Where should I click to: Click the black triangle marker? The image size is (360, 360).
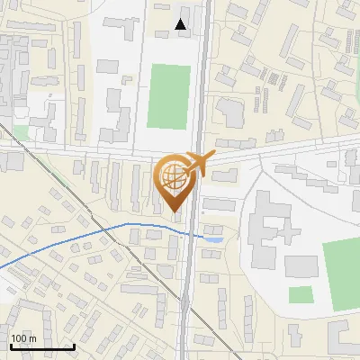click(181, 25)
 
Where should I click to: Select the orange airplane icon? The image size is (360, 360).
click(200, 163)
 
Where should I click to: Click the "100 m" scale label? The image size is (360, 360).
click(23, 338)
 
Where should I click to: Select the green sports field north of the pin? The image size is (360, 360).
click(168, 95)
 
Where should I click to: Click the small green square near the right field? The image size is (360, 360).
click(301, 294)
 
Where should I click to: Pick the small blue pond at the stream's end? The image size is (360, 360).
click(214, 238)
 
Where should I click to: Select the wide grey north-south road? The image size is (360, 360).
click(191, 288)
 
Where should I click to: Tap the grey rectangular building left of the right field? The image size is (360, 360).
click(301, 266)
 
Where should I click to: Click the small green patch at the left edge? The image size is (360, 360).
click(20, 132)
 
